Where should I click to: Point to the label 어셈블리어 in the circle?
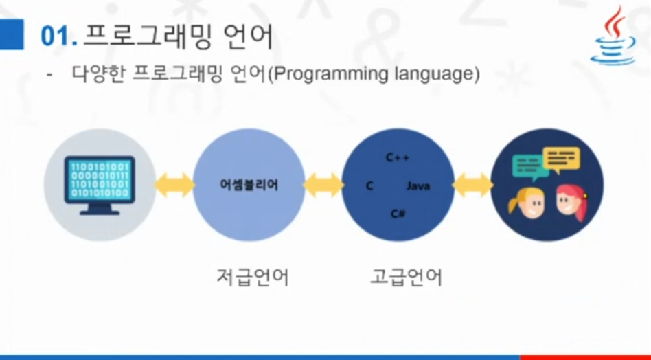coord(249,185)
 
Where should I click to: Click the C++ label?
coord(398,159)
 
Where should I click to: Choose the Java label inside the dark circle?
coord(418,186)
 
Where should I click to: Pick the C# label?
coord(398,214)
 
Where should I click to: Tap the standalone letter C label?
coord(369,186)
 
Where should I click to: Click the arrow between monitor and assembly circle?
coord(174,185)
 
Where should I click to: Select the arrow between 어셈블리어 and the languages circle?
coord(323,185)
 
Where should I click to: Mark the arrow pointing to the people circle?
coord(472,185)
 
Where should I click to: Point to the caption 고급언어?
coord(406,278)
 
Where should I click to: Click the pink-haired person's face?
coord(569,203)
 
